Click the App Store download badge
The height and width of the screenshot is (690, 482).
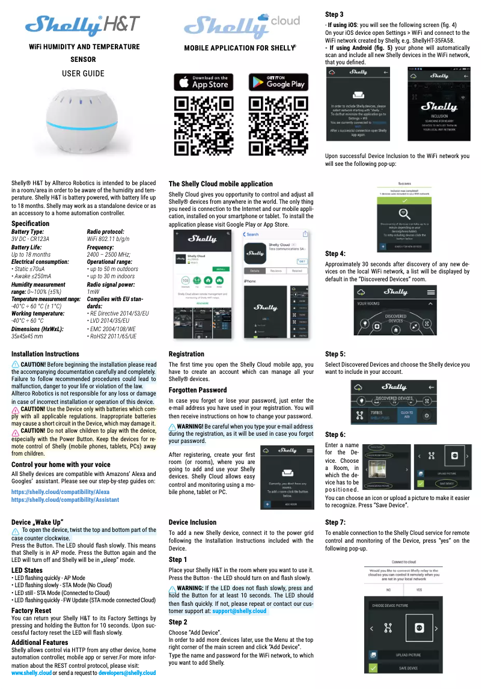[x=203, y=82]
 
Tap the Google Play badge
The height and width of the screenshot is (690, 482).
[x=278, y=82]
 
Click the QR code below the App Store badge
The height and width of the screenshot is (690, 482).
[x=203, y=126]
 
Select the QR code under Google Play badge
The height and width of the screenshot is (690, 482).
[x=278, y=126]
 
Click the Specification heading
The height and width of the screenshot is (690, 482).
[x=31, y=224]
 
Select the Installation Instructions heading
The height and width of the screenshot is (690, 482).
[x=45, y=354]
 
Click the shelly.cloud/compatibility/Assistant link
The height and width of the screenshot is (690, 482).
[x=65, y=499]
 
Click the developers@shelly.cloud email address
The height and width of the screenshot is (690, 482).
[x=127, y=673]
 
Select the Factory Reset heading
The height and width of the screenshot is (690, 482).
[x=31, y=610]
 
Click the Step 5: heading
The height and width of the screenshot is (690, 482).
[x=335, y=354]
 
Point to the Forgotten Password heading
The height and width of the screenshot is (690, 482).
[x=198, y=390]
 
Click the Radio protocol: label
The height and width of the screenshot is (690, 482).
[x=105, y=231]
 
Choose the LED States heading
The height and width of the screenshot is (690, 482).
[x=27, y=570]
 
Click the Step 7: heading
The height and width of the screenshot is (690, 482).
[x=335, y=522]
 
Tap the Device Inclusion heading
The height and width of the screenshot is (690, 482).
[x=192, y=522]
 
